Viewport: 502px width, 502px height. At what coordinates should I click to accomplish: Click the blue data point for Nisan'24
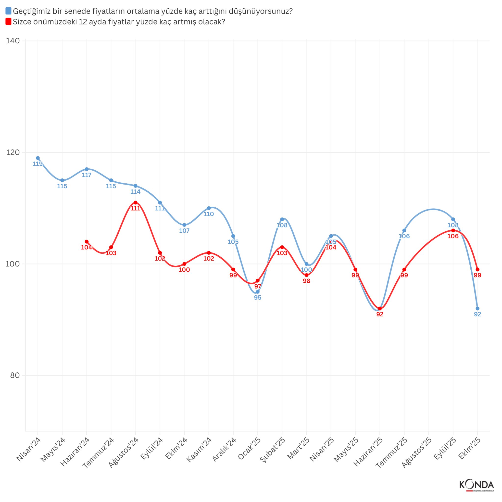pyautogui.click(x=38, y=158)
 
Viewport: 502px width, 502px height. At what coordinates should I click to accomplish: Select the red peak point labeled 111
pyautogui.click(x=135, y=202)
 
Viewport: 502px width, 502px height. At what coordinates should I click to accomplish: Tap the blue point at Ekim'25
pyautogui.click(x=477, y=308)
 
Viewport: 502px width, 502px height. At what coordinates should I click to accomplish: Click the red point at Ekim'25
pyautogui.click(x=477, y=269)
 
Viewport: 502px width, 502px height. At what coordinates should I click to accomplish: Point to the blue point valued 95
pyautogui.click(x=258, y=292)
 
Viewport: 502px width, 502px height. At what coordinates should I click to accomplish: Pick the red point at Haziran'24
pyautogui.click(x=87, y=242)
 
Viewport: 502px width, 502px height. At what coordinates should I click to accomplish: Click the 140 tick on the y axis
pyautogui.click(x=13, y=41)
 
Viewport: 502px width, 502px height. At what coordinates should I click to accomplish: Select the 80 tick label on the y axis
pyautogui.click(x=15, y=376)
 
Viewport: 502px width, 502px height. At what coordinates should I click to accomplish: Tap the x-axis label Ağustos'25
pyautogui.click(x=417, y=452)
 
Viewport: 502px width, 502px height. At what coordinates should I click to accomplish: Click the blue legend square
pyautogui.click(x=8, y=11)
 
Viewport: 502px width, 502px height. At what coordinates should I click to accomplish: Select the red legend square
pyautogui.click(x=8, y=22)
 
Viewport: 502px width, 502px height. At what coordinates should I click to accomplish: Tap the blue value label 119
pyautogui.click(x=38, y=164)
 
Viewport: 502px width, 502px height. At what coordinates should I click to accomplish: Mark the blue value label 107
pyautogui.click(x=184, y=231)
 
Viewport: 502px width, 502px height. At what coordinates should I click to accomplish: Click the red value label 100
pyautogui.click(x=184, y=270)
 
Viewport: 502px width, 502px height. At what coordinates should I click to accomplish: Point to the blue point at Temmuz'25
pyautogui.click(x=404, y=230)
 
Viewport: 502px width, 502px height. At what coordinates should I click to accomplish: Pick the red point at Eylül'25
pyautogui.click(x=453, y=230)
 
